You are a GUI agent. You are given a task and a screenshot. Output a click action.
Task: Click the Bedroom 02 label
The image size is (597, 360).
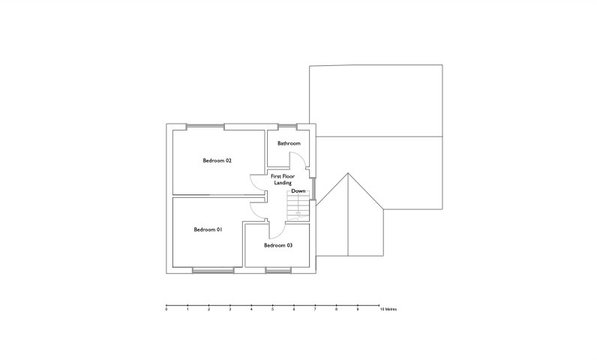[x=217, y=160]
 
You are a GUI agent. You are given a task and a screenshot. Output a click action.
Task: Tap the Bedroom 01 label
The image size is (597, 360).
[x=208, y=229]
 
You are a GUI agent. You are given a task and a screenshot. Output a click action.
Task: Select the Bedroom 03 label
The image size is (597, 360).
[x=278, y=245]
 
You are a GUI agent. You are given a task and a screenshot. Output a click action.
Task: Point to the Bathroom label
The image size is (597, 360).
[x=289, y=143]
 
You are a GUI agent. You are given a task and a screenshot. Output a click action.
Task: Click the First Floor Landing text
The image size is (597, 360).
[x=283, y=179]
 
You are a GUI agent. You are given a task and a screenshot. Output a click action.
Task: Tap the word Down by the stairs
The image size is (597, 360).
[x=298, y=191]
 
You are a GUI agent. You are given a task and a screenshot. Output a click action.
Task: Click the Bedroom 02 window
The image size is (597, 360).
[x=205, y=127]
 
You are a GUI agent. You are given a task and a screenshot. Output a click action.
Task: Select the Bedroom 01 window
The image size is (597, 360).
[x=213, y=270]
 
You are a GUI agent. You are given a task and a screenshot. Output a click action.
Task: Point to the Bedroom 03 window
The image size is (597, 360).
[x=278, y=270]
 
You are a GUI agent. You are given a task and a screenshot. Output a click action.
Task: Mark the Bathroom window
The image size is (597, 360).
[x=287, y=127]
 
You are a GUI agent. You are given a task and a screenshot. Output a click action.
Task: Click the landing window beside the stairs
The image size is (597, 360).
[x=313, y=188]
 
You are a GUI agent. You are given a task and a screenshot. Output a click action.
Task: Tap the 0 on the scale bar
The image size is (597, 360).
[x=166, y=310]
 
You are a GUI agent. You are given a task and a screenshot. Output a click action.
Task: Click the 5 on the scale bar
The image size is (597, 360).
[x=272, y=310]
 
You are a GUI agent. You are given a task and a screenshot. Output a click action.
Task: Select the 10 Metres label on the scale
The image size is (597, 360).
[x=388, y=310]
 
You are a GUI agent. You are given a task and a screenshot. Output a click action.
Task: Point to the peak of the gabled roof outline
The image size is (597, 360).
[x=348, y=173]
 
